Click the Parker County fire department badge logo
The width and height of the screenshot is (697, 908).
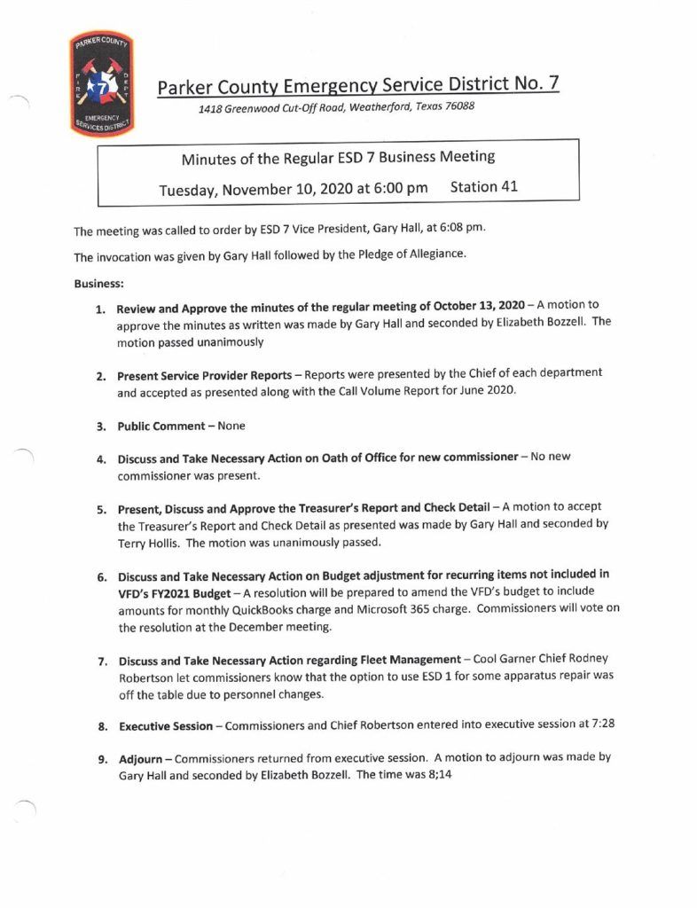click(x=100, y=85)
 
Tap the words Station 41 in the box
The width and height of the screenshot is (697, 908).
click(x=484, y=187)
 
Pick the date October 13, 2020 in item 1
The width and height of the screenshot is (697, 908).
click(x=472, y=308)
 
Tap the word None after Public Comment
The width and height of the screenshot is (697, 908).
click(x=231, y=426)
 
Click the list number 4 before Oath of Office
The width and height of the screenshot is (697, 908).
click(x=102, y=458)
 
